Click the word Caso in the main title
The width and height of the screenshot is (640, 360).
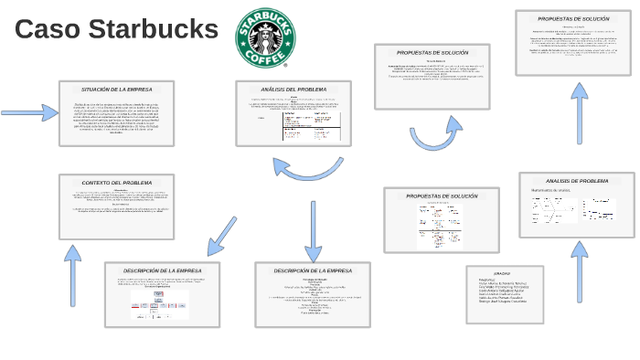point(49,29)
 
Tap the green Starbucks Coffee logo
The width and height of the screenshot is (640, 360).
point(266,38)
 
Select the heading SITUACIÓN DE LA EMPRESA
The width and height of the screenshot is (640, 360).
point(116,90)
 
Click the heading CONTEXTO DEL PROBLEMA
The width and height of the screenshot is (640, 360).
point(116,183)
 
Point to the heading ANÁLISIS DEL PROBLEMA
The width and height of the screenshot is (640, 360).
point(293,90)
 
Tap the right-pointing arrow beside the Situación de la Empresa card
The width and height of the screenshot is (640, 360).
point(30,112)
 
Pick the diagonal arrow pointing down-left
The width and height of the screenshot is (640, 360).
point(221,236)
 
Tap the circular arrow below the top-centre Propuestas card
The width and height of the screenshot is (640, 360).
point(435,133)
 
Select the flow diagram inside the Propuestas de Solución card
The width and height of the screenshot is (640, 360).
point(440,225)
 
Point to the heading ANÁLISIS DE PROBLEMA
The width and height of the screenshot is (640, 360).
point(577,181)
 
